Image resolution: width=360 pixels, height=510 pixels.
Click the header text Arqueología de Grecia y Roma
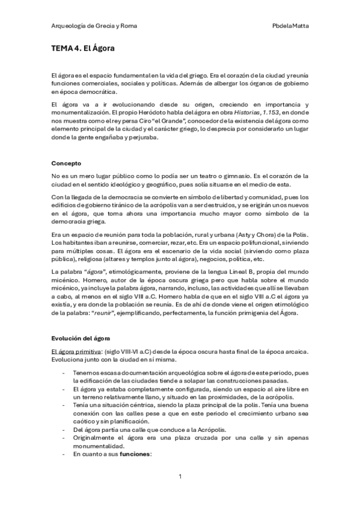pyautogui.click(x=86, y=26)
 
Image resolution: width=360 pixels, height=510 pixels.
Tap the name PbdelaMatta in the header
pyautogui.click(x=291, y=26)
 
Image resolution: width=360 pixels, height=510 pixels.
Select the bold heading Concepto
pyautogui.click(x=66, y=163)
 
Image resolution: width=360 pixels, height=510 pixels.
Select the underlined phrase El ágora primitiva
pyautogui.click(x=78, y=352)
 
